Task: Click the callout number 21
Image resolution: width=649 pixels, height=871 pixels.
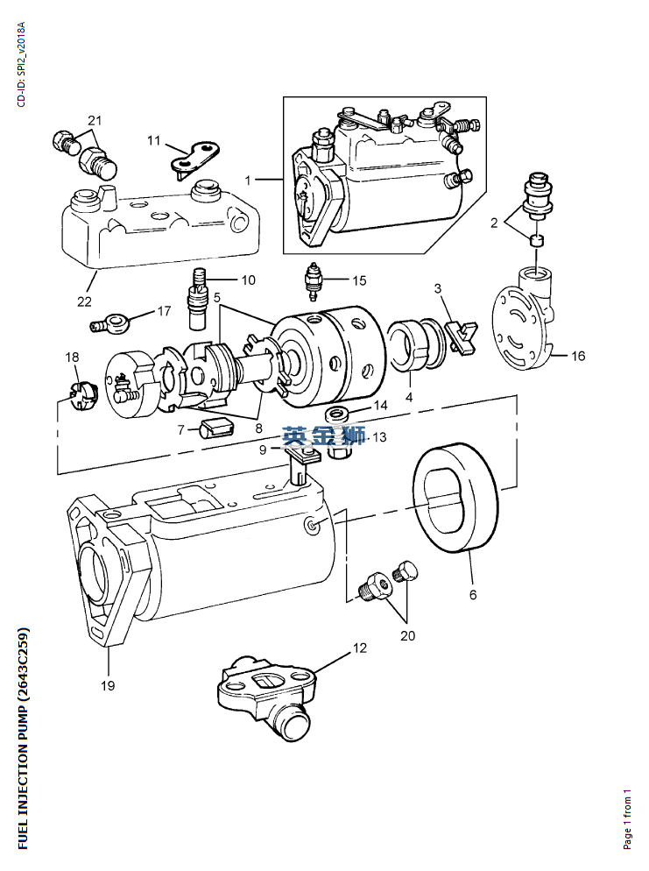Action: (95, 119)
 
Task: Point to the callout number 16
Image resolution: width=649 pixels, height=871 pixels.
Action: (578, 356)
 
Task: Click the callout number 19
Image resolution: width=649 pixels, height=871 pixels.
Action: (107, 685)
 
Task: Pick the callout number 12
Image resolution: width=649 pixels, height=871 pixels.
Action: (360, 648)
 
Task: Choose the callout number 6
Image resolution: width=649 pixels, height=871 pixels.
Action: (473, 595)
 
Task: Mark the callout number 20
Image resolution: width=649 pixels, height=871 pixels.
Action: (409, 635)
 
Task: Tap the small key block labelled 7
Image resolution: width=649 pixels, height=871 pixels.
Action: (216, 427)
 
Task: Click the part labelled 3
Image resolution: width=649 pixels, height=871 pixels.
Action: (460, 336)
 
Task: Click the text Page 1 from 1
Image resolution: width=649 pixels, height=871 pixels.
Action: (626, 817)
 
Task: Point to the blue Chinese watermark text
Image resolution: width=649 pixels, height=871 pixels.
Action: (323, 435)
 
